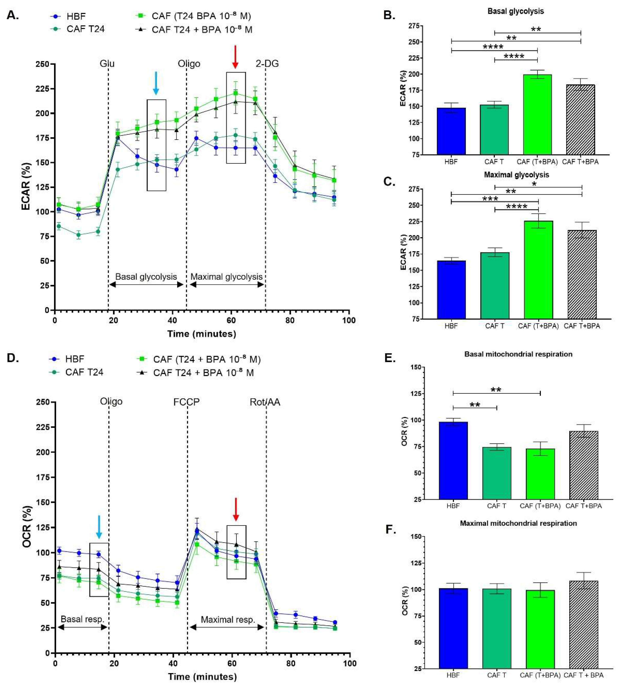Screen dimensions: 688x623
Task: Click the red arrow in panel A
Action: point(235,56)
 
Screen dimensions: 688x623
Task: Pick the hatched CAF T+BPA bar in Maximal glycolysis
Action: point(582,274)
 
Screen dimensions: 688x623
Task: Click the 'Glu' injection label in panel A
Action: point(107,64)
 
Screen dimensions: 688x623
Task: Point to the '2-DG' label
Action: point(267,64)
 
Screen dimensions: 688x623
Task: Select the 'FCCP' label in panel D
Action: point(186,402)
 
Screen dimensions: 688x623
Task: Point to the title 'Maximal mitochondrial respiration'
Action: point(518,523)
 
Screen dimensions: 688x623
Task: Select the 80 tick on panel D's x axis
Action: point(291,663)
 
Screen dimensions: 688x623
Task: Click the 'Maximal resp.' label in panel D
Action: point(228,619)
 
